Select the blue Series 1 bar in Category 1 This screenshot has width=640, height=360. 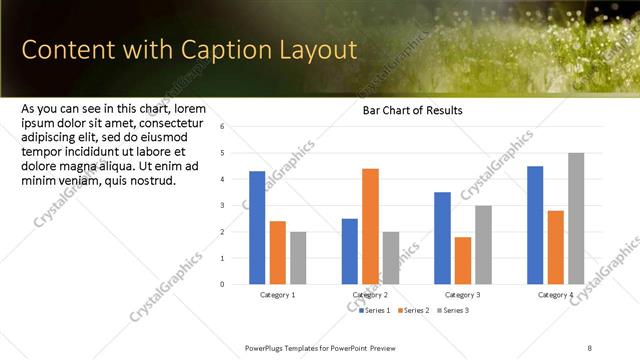[257, 228]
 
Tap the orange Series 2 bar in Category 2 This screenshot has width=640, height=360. [370, 226]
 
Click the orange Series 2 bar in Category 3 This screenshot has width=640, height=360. [462, 260]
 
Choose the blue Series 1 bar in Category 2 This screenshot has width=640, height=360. [349, 251]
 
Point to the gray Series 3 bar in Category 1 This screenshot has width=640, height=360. [299, 257]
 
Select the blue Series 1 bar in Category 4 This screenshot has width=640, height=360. [535, 225]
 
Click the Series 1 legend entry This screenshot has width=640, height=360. [376, 311]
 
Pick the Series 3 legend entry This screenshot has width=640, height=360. [452, 311]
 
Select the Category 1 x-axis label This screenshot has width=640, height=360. [277, 295]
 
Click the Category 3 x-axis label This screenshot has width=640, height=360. [462, 295]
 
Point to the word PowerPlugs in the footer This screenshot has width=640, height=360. [268, 345]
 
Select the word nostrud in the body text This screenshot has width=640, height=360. [150, 180]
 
